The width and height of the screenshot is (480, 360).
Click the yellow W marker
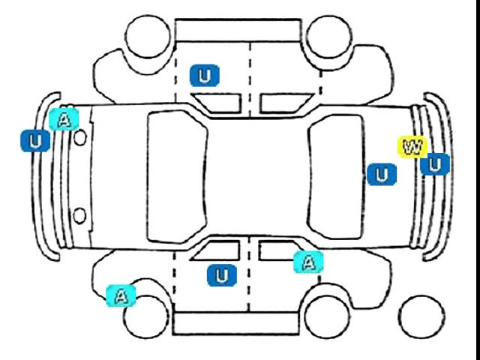click(412, 147)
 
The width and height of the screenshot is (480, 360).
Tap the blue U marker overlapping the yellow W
click(435, 164)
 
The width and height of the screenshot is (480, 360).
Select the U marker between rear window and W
click(382, 175)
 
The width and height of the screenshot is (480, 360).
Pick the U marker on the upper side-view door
click(205, 75)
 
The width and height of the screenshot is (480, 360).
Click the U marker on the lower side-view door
click(222, 275)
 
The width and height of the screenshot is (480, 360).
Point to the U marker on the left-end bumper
click(35, 141)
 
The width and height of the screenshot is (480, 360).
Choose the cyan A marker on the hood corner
click(64, 119)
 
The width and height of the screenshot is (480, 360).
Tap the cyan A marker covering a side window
click(308, 262)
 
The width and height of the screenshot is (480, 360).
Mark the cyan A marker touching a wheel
click(121, 295)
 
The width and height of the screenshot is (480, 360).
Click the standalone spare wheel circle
click(421, 317)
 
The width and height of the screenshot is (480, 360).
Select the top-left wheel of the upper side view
click(148, 36)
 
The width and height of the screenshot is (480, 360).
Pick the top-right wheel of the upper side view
click(329, 37)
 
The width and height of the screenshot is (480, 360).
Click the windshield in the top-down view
click(177, 177)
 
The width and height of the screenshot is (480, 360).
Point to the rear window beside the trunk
click(336, 177)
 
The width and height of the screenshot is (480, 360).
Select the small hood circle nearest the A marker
click(80, 137)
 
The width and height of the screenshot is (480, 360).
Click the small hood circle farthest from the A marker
click(79, 216)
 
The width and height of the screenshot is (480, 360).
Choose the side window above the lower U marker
click(216, 250)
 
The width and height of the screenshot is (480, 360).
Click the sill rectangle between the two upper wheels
click(238, 30)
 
